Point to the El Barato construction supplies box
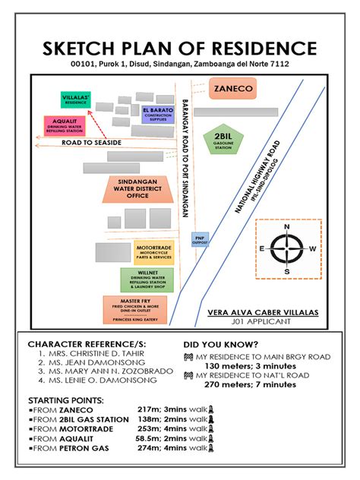tap(157, 115)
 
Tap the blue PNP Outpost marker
tap(200, 239)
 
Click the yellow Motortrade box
tap(152, 253)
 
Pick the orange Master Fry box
tap(135, 309)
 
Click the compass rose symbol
tap(286, 248)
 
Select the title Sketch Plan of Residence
tap(180, 49)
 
